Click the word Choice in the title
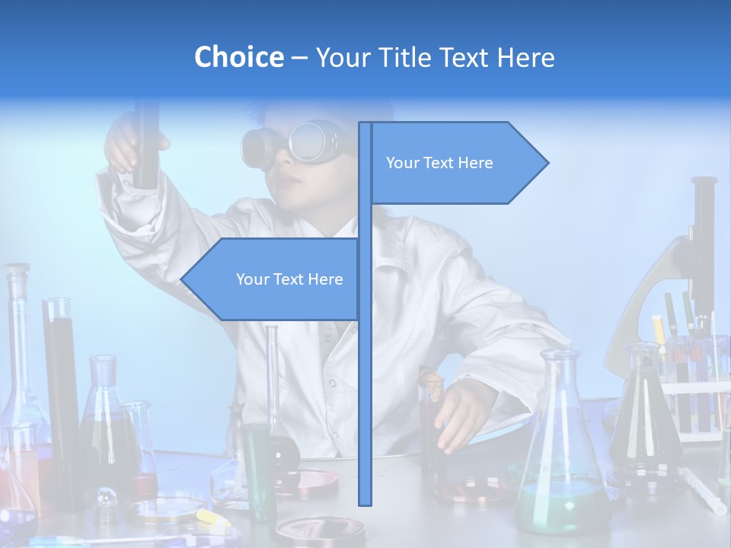click(238, 57)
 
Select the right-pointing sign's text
click(439, 163)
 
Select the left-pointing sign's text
click(289, 279)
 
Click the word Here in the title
click(525, 57)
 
